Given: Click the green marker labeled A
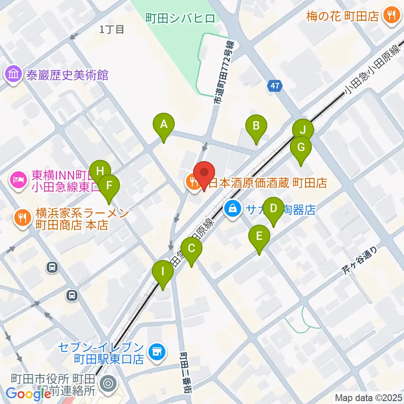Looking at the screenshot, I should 164,124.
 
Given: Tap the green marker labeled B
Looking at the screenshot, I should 256,126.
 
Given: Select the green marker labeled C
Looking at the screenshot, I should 191,248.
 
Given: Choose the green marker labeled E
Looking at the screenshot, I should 259,236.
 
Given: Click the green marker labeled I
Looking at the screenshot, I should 163,271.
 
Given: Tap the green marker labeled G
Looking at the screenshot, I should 301,147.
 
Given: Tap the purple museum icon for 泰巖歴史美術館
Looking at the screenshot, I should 13,75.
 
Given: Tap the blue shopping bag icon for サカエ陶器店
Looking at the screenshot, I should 232,207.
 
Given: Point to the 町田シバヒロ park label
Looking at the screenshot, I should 180,18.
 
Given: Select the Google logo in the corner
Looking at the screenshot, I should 29,394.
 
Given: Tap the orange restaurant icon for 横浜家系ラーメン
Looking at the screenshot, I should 22,218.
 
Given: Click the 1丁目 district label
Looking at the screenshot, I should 112,29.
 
